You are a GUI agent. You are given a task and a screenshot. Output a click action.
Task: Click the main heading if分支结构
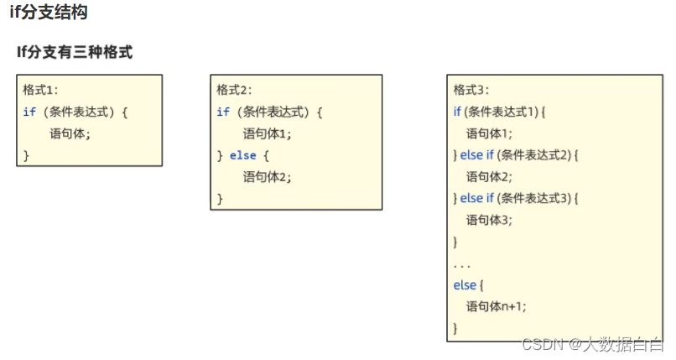click(x=48, y=13)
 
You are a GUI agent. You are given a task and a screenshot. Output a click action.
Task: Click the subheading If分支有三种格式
click(x=75, y=52)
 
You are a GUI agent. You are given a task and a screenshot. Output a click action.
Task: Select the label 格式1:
click(x=40, y=90)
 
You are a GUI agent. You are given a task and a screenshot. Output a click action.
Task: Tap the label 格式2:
click(x=234, y=90)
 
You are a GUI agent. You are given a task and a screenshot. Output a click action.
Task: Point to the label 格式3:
click(x=471, y=90)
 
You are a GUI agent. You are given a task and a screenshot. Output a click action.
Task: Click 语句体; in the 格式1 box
click(x=70, y=133)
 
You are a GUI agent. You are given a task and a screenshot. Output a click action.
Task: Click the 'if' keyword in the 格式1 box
click(x=29, y=112)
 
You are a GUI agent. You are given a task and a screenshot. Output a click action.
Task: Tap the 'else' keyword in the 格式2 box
click(x=242, y=155)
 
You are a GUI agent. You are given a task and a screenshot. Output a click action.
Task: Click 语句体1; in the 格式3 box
click(x=489, y=133)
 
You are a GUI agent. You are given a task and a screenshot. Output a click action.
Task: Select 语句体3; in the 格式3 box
click(x=489, y=220)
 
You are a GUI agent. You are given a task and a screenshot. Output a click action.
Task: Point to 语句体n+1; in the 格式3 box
click(x=497, y=306)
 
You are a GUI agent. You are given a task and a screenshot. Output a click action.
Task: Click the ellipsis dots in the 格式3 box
click(x=462, y=264)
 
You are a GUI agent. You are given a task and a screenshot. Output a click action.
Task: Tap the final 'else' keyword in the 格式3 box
click(x=465, y=285)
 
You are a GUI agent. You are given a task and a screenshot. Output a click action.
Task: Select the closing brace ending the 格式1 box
click(x=26, y=154)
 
